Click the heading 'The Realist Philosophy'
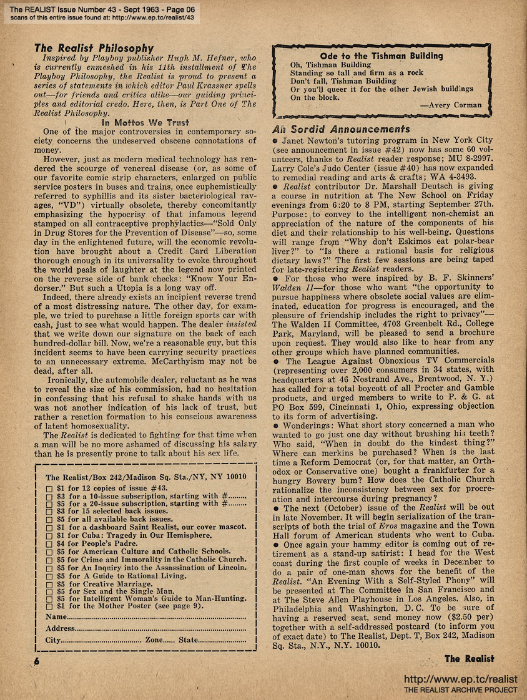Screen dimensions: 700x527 point(94,48)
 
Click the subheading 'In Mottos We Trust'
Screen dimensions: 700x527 point(145,123)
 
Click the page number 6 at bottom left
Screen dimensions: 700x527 point(29,663)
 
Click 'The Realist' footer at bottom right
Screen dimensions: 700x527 point(469,658)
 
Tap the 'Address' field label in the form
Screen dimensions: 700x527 point(60,628)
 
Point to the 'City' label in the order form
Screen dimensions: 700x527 point(53,640)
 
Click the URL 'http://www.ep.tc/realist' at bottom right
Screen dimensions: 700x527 point(461,679)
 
